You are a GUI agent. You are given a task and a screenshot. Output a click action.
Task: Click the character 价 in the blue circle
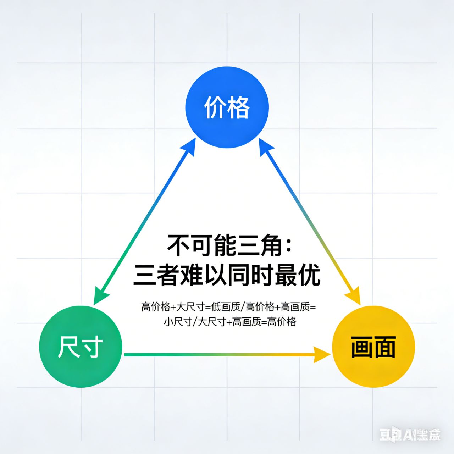215,107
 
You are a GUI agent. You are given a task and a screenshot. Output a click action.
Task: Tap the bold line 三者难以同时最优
227,275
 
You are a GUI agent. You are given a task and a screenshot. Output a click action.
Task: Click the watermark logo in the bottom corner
410,434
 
